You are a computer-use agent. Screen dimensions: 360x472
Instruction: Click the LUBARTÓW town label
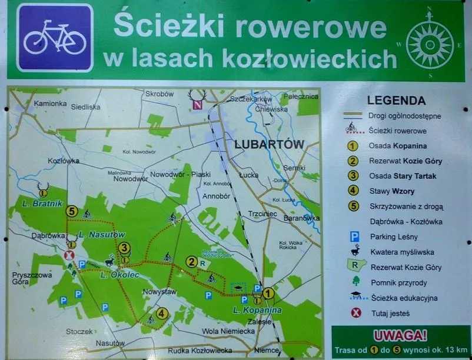[x=268, y=144]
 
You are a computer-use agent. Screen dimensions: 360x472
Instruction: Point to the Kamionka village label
[x=50, y=104]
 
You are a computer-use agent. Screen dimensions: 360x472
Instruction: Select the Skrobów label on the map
[x=160, y=95]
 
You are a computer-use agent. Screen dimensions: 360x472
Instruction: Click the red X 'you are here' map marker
[x=69, y=255]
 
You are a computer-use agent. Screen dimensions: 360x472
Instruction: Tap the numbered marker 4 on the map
[x=162, y=314]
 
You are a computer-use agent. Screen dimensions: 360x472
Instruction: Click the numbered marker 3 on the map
[x=124, y=248]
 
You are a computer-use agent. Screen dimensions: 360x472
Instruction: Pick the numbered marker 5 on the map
[x=72, y=211]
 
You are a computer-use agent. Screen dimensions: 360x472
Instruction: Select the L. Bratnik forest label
[x=39, y=204]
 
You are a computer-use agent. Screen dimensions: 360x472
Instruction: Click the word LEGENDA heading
[x=396, y=101]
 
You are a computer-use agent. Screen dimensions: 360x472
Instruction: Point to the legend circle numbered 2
[x=353, y=161]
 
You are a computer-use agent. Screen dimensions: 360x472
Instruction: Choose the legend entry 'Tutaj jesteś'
[x=390, y=314]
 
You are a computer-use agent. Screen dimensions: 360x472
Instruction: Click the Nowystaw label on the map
[x=159, y=291]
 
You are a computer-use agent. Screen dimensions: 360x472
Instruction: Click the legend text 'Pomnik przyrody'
[x=398, y=283]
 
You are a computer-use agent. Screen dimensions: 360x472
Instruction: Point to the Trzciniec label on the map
[x=262, y=214]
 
